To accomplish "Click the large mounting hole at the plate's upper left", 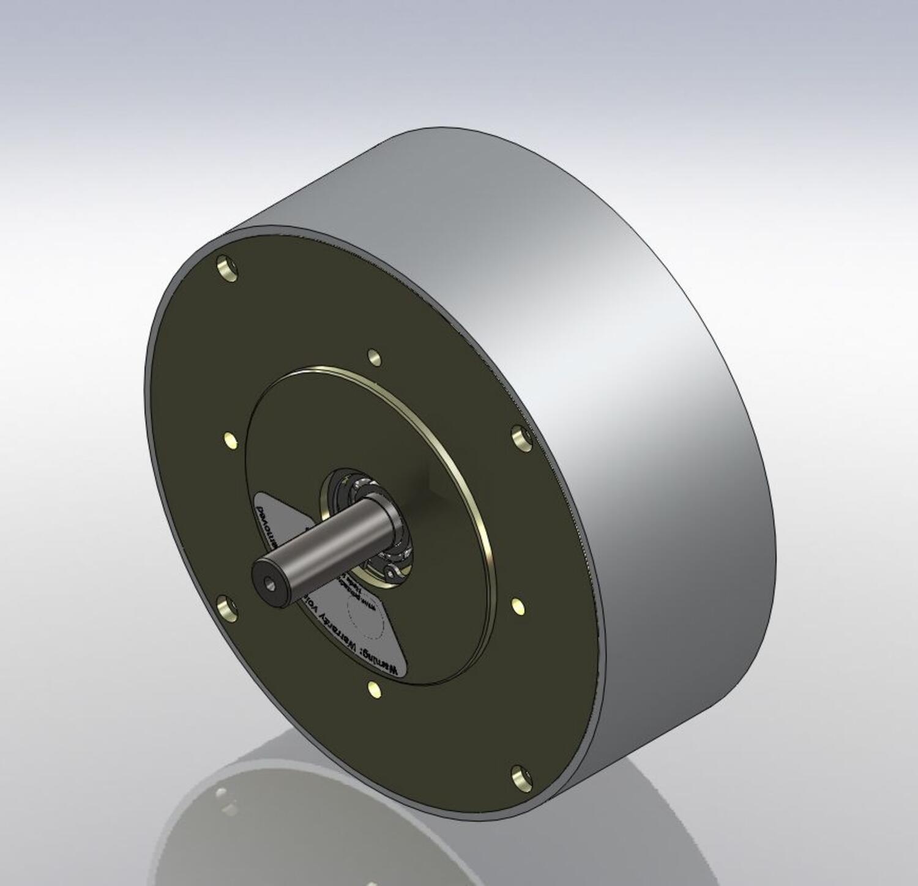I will pos(226,269).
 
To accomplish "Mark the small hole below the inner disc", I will pos(374,690).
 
